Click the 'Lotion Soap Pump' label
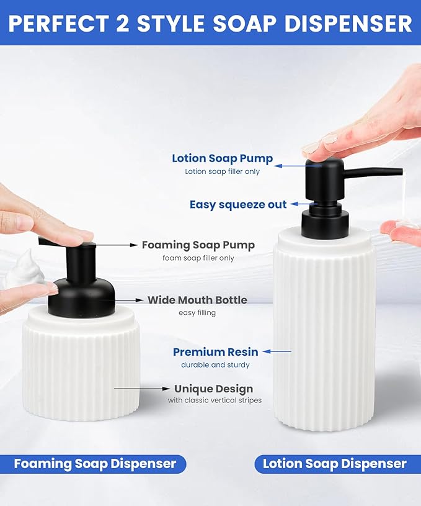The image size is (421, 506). pyautogui.click(x=222, y=158)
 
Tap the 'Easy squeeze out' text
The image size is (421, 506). pyautogui.click(x=238, y=204)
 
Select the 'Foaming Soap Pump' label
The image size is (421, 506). pyautogui.click(x=198, y=245)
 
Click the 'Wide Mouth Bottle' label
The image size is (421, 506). pyautogui.click(x=197, y=300)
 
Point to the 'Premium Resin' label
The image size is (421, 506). pyautogui.click(x=215, y=352)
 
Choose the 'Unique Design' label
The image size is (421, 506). pyautogui.click(x=213, y=389)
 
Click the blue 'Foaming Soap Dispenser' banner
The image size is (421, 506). pyautogui.click(x=95, y=464)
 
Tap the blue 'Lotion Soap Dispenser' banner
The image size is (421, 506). pyautogui.click(x=335, y=464)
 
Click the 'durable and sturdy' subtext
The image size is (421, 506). pyautogui.click(x=215, y=365)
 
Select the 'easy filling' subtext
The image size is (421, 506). pyautogui.click(x=197, y=313)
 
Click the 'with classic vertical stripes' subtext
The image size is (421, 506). pyautogui.click(x=215, y=400)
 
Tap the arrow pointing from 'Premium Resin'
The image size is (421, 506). pyautogui.click(x=277, y=352)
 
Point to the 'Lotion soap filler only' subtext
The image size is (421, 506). pyautogui.click(x=222, y=171)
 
